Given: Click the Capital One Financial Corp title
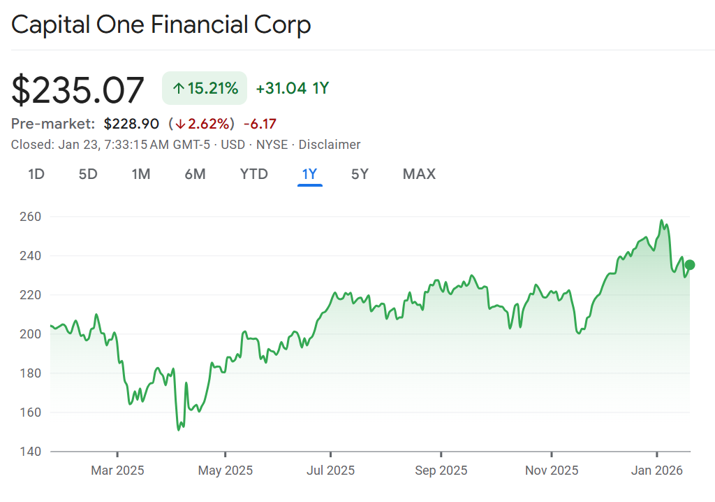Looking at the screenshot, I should tap(161, 25).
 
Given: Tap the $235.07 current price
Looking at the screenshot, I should tap(78, 91).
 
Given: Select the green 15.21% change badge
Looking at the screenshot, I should tap(205, 88).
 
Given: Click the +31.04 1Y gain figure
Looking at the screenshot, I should tap(292, 88).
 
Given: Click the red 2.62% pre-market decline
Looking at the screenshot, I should tap(202, 124).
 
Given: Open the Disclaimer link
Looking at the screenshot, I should tap(330, 145).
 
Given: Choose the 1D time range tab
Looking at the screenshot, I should tap(36, 174).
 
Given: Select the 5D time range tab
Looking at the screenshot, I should tap(88, 174).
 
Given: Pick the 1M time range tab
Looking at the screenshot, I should tap(141, 174).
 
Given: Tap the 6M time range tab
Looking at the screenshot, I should tap(195, 174).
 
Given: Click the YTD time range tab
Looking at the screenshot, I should tap(254, 174).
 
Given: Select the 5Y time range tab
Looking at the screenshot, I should tap(360, 174).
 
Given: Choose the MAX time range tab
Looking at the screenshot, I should tap(419, 174).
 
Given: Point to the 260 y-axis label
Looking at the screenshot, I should tap(31, 217).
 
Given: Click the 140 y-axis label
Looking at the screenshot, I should tap(31, 452).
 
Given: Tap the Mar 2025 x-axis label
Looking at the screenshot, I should tap(117, 471).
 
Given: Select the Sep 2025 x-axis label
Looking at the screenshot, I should tap(441, 471).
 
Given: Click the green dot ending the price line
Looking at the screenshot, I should tap(690, 264).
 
